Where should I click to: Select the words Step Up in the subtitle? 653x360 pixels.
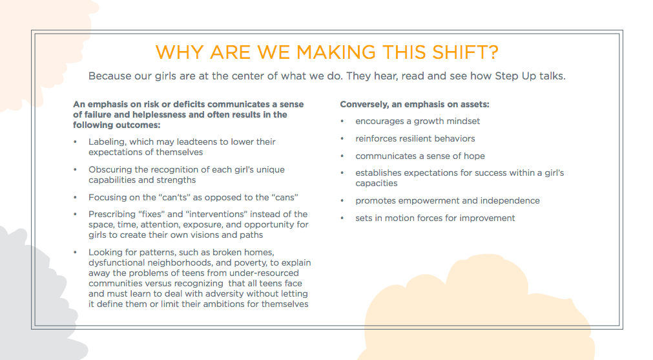coord(512,76)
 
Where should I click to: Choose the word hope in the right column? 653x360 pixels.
coord(473,156)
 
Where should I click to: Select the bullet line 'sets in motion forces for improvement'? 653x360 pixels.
coord(435,218)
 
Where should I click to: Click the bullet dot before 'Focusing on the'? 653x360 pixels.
coord(76,197)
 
